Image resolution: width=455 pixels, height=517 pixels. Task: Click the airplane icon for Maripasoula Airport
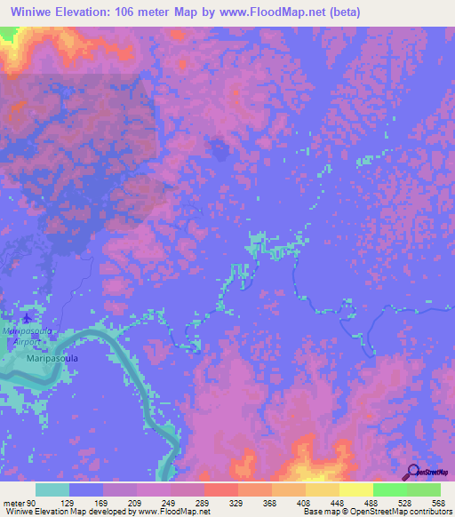point(27,317)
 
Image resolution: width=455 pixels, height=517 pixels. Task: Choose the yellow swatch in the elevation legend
point(355,489)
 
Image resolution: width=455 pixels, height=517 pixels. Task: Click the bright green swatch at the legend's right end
point(423,489)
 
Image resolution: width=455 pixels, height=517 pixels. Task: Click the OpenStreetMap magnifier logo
point(413,473)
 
